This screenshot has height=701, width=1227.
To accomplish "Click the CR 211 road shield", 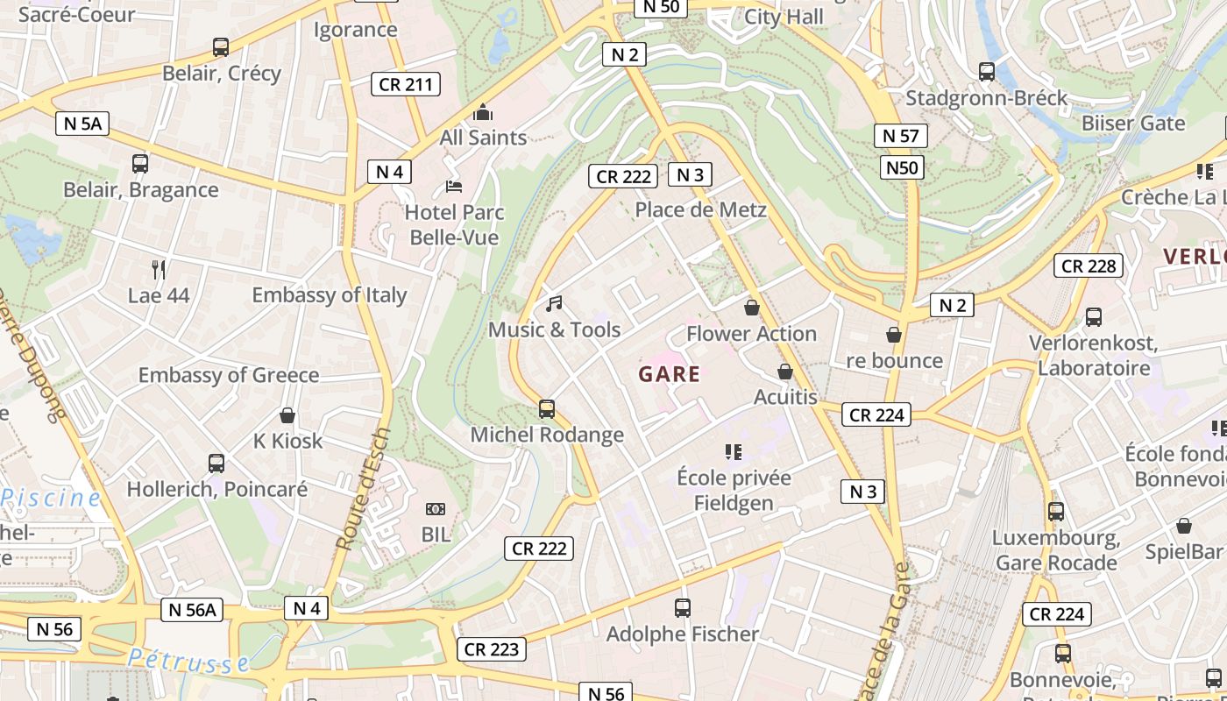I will click(405, 84).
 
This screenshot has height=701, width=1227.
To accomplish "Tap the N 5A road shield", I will click(83, 124).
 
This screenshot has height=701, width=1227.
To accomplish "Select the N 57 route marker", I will click(900, 136).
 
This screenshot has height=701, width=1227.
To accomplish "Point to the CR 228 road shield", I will click(1089, 266).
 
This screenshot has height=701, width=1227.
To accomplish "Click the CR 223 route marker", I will click(492, 649).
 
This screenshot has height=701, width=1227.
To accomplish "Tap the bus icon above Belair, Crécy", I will click(221, 47).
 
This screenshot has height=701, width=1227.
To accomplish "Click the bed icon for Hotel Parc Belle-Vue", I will click(454, 186).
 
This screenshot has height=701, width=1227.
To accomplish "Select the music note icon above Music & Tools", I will click(554, 304).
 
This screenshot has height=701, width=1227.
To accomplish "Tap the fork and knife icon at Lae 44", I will click(159, 269).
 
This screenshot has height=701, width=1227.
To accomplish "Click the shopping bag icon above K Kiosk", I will click(287, 415).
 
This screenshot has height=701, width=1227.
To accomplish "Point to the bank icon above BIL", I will click(436, 509).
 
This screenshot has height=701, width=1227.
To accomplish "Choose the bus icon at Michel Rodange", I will click(547, 408).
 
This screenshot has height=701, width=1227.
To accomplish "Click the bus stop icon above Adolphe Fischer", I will click(683, 607).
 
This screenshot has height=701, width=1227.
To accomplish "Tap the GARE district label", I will click(670, 375).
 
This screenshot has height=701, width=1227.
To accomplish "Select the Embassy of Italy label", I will click(330, 295).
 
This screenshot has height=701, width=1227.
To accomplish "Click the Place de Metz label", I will click(700, 209).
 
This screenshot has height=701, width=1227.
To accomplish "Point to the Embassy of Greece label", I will click(229, 375).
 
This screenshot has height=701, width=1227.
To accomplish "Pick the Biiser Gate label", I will click(1132, 123).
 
